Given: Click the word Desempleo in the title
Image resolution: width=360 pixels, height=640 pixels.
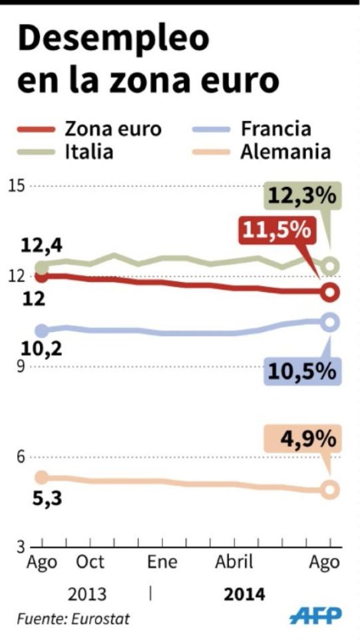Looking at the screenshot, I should [x=113, y=41].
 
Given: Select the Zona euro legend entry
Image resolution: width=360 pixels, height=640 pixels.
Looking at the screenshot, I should [x=113, y=128].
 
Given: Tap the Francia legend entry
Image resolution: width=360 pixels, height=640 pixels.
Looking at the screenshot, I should [x=275, y=128].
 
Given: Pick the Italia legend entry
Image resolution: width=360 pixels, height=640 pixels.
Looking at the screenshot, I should [x=89, y=151].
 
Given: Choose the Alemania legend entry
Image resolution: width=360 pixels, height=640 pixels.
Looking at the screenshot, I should [x=285, y=151].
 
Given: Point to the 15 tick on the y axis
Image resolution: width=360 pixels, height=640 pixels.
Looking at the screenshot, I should [x=15, y=185].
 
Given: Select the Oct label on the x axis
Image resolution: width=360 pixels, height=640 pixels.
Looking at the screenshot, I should [x=90, y=562].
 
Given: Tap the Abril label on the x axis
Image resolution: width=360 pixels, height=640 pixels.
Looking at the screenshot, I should [x=234, y=562].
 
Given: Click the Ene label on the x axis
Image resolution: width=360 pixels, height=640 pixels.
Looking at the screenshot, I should [x=162, y=562].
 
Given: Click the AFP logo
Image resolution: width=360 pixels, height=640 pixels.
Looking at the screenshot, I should [x=315, y=617].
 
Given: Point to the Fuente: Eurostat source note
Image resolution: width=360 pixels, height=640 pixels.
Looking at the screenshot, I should [x=73, y=619].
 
